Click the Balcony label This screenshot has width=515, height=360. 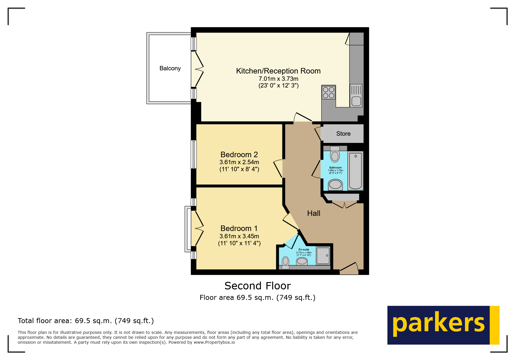(170, 68)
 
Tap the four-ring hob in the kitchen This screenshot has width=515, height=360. (329, 92)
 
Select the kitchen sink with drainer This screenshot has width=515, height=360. (356, 96)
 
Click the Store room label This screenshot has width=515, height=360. (343, 134)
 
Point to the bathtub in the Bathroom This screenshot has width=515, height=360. (355, 171)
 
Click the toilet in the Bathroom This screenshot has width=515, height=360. (335, 154)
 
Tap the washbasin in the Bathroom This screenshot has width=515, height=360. (335, 185)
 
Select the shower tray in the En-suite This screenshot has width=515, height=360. (323, 255)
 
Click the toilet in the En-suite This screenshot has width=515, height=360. (286, 262)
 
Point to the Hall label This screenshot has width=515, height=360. (313, 213)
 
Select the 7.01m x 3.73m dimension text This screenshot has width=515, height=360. (278, 79)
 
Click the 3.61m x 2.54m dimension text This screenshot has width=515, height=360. (239, 162)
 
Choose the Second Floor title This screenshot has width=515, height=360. (257, 286)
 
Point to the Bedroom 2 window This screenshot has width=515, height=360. (194, 154)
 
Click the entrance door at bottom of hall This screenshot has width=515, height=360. (349, 269)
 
